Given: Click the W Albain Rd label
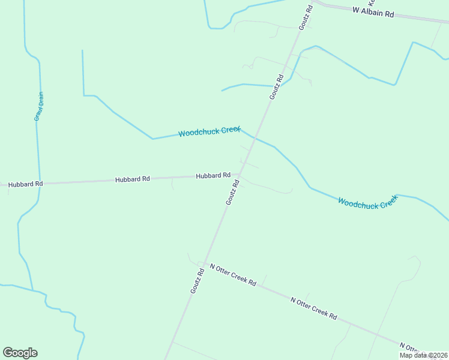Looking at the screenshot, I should point(373,11).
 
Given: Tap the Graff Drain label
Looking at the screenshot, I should point(39,106).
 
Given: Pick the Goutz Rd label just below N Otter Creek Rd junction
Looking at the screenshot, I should point(197,281).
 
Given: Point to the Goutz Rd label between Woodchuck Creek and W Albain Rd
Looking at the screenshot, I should point(276,86).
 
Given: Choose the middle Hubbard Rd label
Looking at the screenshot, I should point(132,179).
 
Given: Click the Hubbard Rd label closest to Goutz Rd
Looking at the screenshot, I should point(213,175).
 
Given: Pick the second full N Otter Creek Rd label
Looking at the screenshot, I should point(313,308).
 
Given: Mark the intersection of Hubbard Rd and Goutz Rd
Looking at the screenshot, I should point(238,175).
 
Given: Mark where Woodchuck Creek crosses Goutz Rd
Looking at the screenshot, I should point(255,138).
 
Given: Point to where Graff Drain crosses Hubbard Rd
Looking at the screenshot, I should point(40,183).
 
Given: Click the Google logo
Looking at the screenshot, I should point(20,353).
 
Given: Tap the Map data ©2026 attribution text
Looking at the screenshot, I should point(423,355).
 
